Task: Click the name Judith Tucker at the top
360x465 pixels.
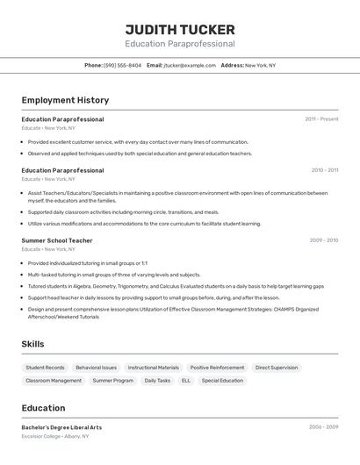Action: [x=180, y=29]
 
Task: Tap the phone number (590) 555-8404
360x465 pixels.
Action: [x=123, y=65]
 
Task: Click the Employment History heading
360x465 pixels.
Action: [x=65, y=100]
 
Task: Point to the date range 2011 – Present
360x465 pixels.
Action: [x=321, y=119]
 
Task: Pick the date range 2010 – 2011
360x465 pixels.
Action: [x=325, y=170]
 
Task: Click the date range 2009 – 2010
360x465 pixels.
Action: [x=324, y=240]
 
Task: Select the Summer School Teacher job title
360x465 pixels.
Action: [x=57, y=240]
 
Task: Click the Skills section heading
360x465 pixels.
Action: [x=32, y=344]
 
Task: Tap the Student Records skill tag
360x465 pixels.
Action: [x=45, y=368]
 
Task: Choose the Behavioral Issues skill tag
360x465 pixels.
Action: [x=96, y=368]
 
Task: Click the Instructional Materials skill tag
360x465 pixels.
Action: [x=154, y=368]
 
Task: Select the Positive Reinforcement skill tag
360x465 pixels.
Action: [x=217, y=368]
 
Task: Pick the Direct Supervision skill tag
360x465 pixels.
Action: [x=277, y=368]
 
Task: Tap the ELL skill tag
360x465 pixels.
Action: [x=186, y=381]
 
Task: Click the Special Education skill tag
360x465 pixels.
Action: [x=222, y=381]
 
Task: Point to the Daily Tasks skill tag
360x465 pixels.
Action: [x=157, y=381]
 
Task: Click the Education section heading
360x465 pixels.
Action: [x=43, y=408]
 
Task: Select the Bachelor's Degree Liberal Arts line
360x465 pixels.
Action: [x=61, y=427]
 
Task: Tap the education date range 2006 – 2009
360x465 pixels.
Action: [x=323, y=427]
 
